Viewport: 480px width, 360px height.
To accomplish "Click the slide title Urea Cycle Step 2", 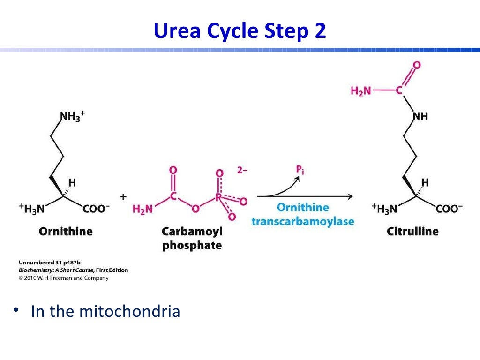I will point(240,31).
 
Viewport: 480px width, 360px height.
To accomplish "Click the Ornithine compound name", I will point(66,231).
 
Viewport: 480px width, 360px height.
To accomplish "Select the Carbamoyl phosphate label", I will point(192,239).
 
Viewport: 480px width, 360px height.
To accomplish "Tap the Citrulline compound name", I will point(412,231).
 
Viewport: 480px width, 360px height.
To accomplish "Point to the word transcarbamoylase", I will point(303,221).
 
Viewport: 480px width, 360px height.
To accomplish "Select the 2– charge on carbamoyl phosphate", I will point(242,170).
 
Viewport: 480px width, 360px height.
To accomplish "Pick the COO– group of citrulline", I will point(449,209).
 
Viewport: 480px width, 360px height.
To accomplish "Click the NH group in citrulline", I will point(420,116).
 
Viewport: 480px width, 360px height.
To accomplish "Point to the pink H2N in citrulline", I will point(360,90).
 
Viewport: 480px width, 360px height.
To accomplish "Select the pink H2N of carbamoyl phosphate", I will point(143,209).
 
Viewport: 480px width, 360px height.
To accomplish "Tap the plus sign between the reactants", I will point(123,197).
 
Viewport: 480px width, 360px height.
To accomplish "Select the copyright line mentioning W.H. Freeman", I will point(63,278).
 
